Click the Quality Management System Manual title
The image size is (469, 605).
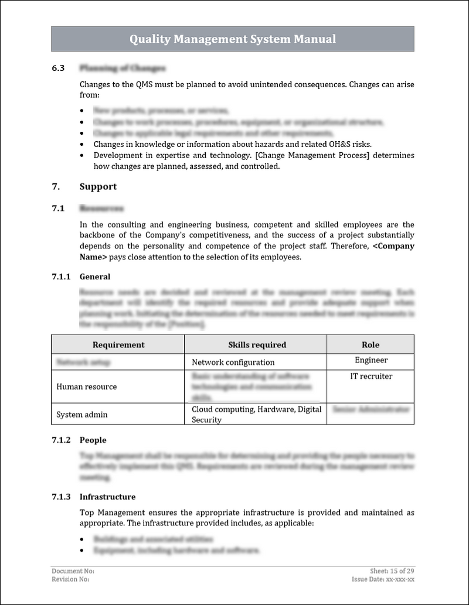(x=233, y=39)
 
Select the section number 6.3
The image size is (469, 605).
(x=58, y=69)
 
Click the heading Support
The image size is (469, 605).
(x=98, y=187)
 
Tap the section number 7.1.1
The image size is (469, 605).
(x=61, y=276)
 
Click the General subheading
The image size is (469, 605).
(x=95, y=276)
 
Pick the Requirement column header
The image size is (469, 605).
(x=118, y=345)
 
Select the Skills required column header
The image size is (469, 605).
(x=257, y=345)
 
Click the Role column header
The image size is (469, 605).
(x=371, y=345)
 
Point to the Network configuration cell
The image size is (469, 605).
(x=233, y=363)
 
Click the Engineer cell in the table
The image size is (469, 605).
(x=371, y=361)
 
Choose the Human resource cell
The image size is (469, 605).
(x=86, y=387)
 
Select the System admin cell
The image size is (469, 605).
(x=81, y=415)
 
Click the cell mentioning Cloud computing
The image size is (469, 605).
(x=256, y=414)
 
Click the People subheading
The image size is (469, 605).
(x=93, y=440)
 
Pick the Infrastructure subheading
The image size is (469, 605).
(x=107, y=497)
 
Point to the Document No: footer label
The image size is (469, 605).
(x=73, y=571)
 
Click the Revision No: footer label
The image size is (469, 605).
(x=70, y=579)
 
